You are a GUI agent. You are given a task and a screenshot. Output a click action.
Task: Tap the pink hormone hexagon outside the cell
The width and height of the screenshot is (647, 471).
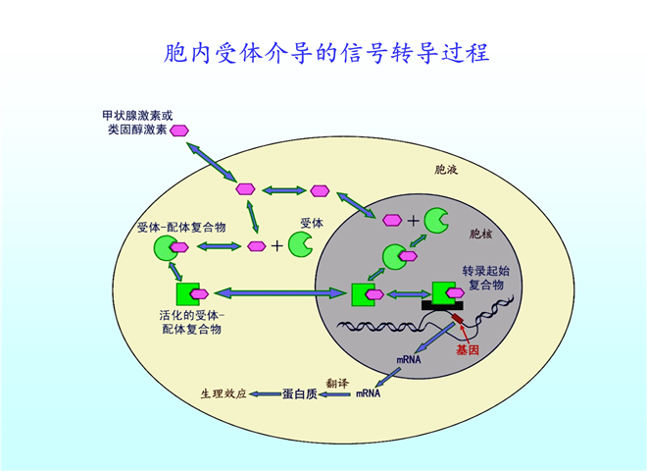(x=180, y=130)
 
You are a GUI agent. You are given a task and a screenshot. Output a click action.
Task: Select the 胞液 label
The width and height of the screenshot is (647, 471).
(x=446, y=170)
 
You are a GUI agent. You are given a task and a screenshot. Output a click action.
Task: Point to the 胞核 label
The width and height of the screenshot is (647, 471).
(x=481, y=234)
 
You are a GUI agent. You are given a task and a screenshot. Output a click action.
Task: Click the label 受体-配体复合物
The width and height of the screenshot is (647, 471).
(x=182, y=227)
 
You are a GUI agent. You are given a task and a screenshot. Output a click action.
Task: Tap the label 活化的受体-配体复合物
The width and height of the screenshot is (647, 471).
(x=191, y=322)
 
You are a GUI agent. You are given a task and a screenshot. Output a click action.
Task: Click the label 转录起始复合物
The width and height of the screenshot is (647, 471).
(x=483, y=276)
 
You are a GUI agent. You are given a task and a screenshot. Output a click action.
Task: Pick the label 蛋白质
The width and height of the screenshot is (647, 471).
(x=299, y=393)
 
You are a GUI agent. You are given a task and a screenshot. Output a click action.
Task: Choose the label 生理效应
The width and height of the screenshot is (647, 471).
(x=223, y=393)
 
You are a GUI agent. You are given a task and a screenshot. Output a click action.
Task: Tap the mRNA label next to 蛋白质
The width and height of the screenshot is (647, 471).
(x=367, y=393)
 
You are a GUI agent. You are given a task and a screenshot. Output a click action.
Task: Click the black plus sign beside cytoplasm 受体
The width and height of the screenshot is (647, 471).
(x=277, y=246)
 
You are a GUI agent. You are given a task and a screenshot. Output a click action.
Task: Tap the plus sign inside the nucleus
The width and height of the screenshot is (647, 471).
(x=413, y=221)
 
